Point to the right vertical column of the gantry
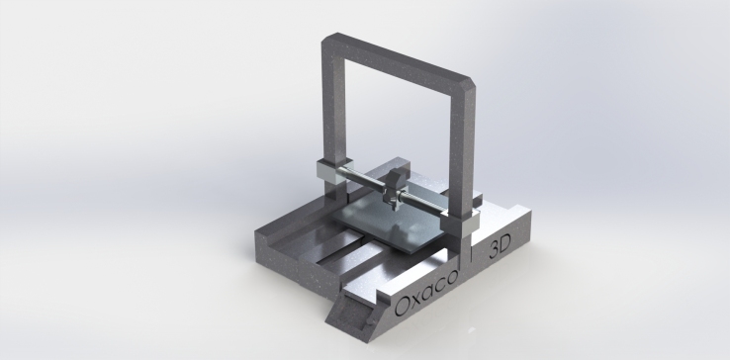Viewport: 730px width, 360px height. point(461,148)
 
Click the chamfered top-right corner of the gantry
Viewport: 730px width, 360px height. point(472,84)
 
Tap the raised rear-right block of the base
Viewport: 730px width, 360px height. point(519,213)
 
